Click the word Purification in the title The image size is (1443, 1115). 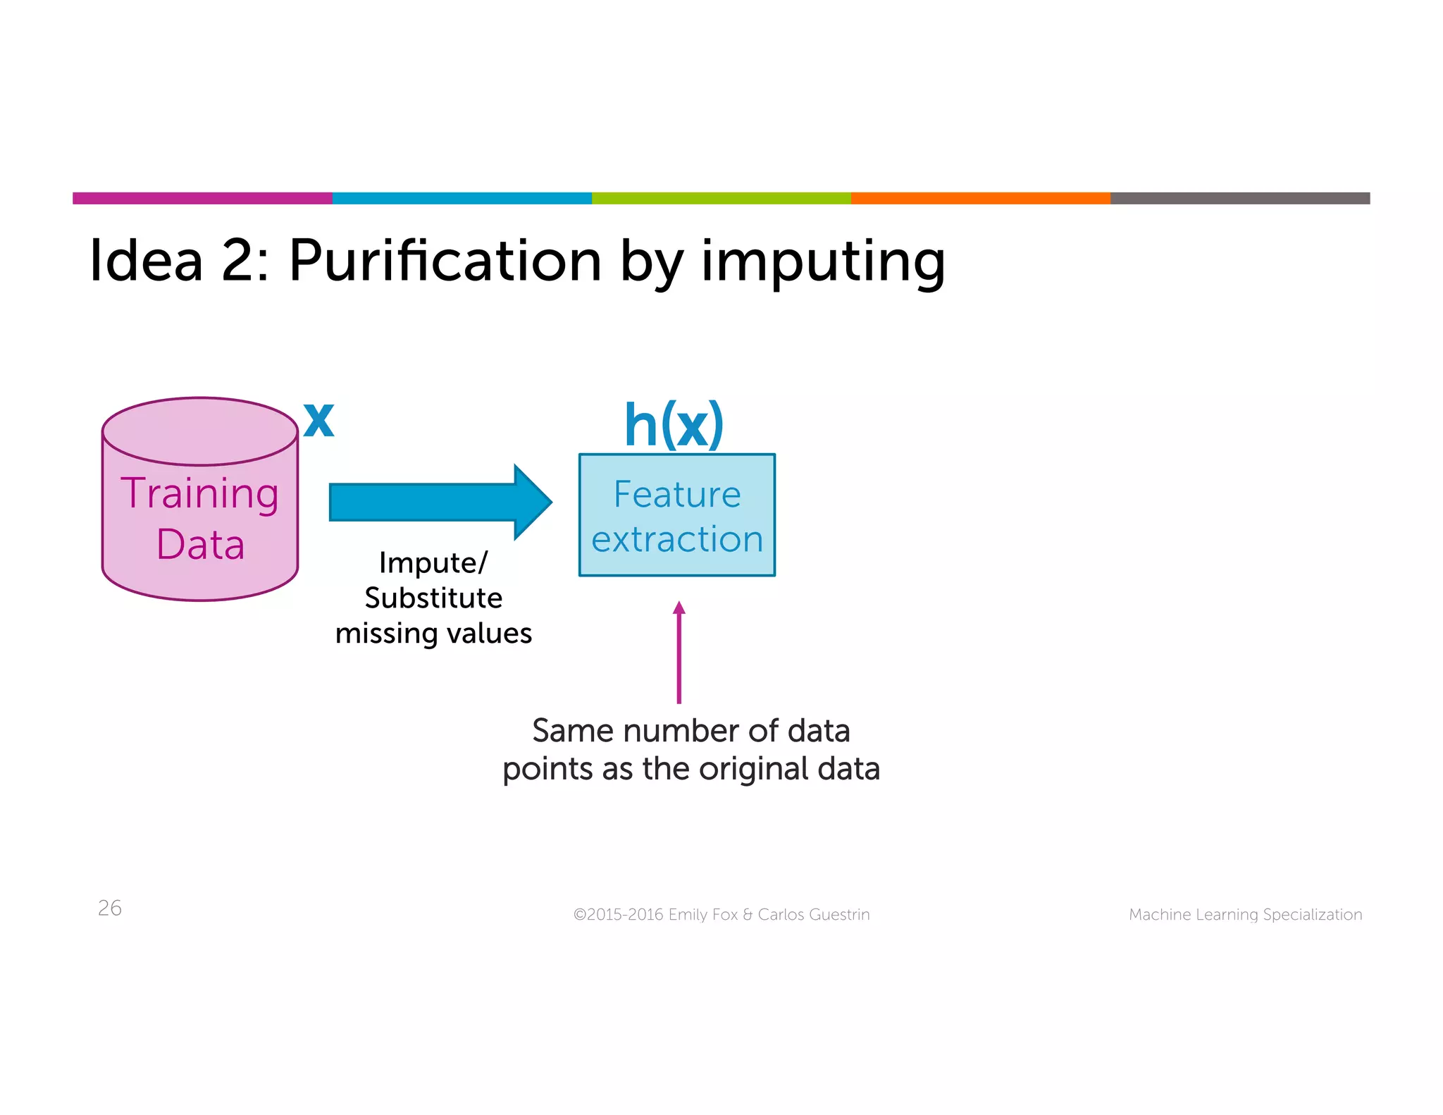point(445,261)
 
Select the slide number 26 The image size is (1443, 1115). point(110,908)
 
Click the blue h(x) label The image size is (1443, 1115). point(674,426)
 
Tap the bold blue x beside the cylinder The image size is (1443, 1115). point(318,421)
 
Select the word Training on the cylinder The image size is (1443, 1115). point(200,493)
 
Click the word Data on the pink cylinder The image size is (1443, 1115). point(200,545)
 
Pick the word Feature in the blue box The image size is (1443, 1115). point(677,494)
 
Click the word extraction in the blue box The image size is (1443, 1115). point(677,540)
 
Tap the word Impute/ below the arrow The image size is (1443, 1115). point(433,563)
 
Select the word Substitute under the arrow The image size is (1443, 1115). point(433,598)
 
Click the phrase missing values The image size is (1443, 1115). point(433,634)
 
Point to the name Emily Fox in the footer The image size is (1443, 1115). point(702,915)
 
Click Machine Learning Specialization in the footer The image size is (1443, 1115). point(1245,915)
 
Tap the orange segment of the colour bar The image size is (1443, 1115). point(980,198)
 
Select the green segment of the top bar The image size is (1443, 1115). point(721,198)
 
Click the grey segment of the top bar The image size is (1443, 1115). point(1240,198)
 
